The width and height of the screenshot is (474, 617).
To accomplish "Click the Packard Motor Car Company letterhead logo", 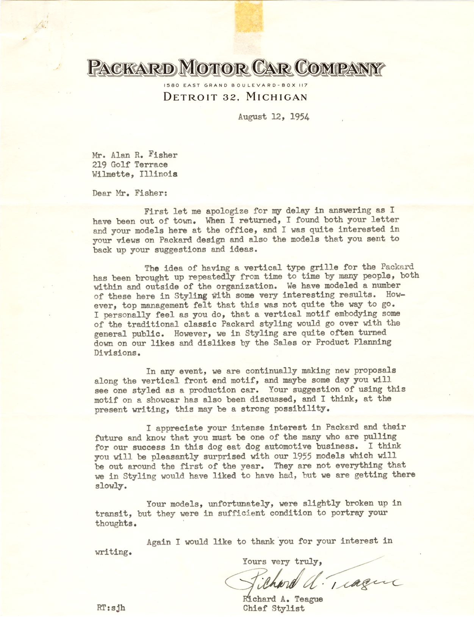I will pos(236,68).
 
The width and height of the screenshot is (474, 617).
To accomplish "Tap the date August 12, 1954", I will pos(274,117).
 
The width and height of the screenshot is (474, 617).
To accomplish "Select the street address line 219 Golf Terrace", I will pos(130,165).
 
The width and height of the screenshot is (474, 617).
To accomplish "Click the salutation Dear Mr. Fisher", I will pos(130,193).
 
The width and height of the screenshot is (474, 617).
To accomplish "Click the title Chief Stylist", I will pos(274,609).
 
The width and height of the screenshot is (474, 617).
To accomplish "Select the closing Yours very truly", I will pos(282,561).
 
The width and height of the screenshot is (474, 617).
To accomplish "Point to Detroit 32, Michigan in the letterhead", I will pos(235,97).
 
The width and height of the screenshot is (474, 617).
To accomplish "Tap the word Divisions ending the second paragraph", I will pos(115,353).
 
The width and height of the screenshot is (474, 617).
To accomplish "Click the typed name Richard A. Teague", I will pos(283,599).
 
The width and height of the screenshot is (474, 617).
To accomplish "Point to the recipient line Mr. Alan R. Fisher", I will pos(135,155).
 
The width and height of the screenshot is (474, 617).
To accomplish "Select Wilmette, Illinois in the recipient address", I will pos(135,174).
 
